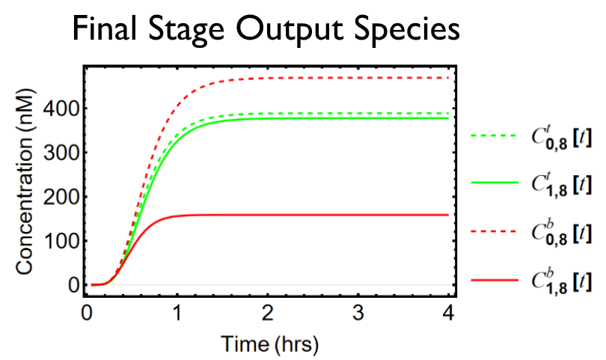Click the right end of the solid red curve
point(447,215)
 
